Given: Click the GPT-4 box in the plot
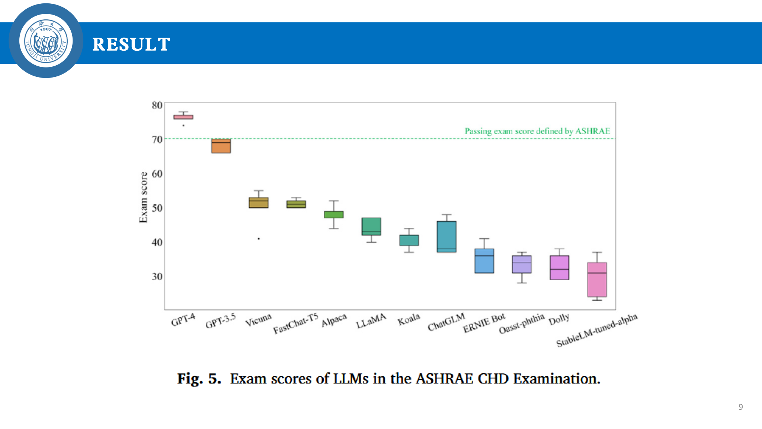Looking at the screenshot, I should (183, 117).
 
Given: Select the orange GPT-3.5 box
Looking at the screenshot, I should (221, 146).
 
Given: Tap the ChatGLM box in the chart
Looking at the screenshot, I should (446, 237).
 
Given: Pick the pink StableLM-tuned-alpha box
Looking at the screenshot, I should (597, 280).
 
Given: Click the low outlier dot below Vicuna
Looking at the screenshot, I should (259, 239).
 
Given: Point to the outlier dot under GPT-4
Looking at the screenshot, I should (183, 126).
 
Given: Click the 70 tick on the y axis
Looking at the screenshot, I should (157, 139).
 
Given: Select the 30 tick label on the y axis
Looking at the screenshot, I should (157, 277).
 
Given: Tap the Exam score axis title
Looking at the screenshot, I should (143, 197).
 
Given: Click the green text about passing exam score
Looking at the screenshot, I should (537, 131).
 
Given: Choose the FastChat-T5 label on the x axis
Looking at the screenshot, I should (295, 324).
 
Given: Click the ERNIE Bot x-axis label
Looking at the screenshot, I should (484, 323).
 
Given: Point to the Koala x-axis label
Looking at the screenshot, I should (409, 320).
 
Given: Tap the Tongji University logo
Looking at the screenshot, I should (46, 41).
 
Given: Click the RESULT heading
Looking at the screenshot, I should (131, 44).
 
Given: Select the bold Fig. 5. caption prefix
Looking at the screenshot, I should (199, 379).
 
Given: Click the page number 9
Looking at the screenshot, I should (740, 407).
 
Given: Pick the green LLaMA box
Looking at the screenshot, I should (371, 226).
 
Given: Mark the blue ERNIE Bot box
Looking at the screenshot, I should (484, 261).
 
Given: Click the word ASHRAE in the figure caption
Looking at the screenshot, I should (444, 379).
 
